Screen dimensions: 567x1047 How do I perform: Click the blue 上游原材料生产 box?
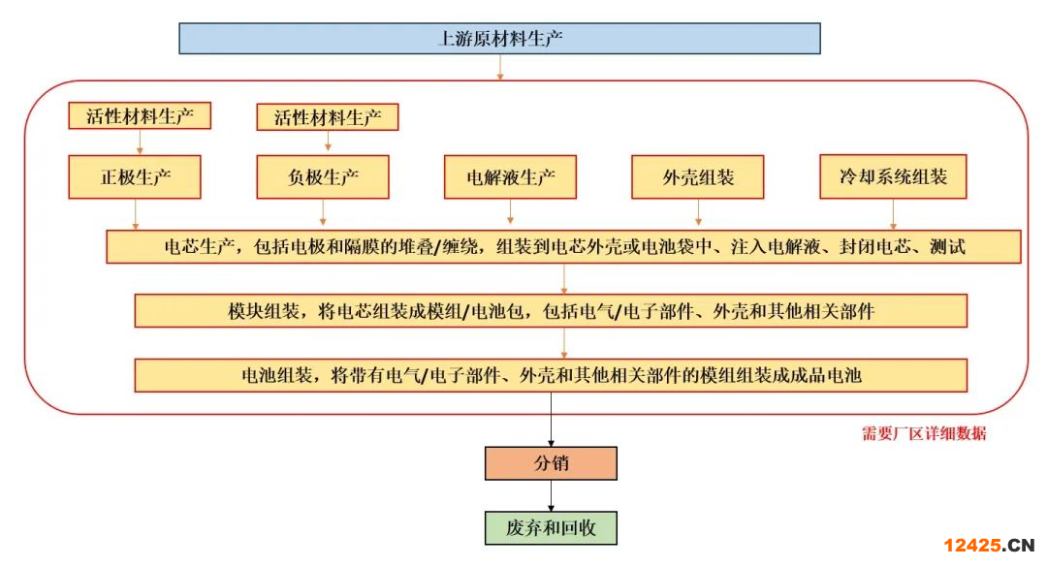pyautogui.click(x=499, y=39)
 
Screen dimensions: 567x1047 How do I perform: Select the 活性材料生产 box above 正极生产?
pyautogui.click(x=140, y=116)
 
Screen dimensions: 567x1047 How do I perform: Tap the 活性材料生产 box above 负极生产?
pyautogui.click(x=328, y=117)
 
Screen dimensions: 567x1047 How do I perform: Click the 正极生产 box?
pyautogui.click(x=135, y=177)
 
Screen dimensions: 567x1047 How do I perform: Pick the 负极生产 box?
pyautogui.click(x=323, y=177)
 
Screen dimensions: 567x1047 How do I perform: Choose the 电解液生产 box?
pyautogui.click(x=510, y=177)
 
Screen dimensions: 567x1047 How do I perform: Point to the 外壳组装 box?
pyautogui.click(x=698, y=177)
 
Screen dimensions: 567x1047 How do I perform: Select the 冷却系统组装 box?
pyautogui.click(x=893, y=177)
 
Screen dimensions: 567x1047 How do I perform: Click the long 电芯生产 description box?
pyautogui.click(x=563, y=246)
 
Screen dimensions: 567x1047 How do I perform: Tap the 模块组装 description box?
pyautogui.click(x=551, y=311)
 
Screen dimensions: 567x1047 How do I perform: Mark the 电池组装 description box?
pyautogui.click(x=551, y=375)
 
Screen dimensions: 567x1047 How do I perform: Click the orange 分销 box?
pyautogui.click(x=551, y=463)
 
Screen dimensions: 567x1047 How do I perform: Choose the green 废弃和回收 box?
pyautogui.click(x=551, y=528)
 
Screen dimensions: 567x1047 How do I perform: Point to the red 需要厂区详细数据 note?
pyautogui.click(x=924, y=433)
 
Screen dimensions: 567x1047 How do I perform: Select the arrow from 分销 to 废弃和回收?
pyautogui.click(x=551, y=495)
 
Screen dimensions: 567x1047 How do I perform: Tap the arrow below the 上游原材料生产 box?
pyautogui.click(x=500, y=67)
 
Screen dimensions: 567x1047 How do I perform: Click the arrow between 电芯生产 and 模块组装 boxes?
pyautogui.click(x=564, y=279)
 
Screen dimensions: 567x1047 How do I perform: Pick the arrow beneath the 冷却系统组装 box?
pyautogui.click(x=893, y=214)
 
